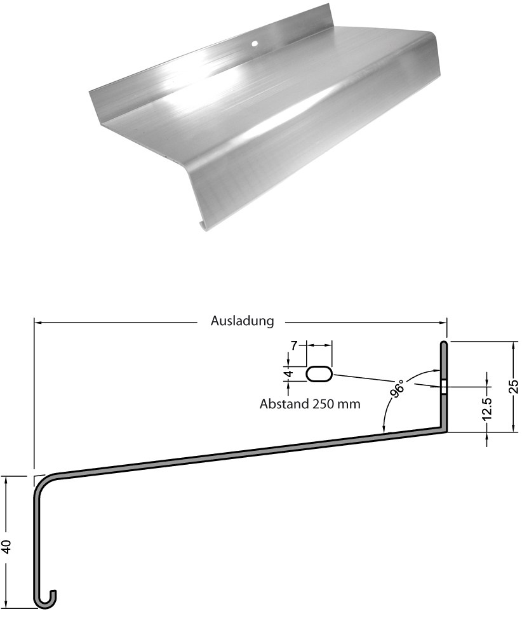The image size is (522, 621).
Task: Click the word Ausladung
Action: (242, 321)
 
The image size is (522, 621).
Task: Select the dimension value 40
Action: (7, 547)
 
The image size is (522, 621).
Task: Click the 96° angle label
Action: (399, 388)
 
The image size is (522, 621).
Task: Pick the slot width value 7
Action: (293, 345)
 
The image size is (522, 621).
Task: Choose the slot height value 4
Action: (288, 374)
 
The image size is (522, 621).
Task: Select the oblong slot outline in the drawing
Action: (319, 374)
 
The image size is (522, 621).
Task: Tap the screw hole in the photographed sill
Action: (253, 44)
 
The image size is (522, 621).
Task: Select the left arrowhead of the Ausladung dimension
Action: (37, 322)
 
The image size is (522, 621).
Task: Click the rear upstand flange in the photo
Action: (210, 60)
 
